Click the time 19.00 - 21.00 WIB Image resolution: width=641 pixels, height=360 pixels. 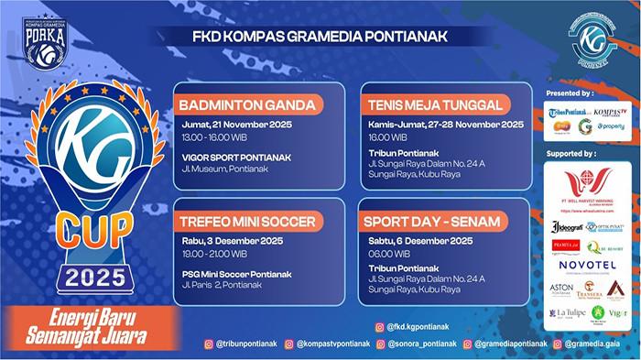(217, 254)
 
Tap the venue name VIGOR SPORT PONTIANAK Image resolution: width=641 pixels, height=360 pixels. (235, 157)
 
